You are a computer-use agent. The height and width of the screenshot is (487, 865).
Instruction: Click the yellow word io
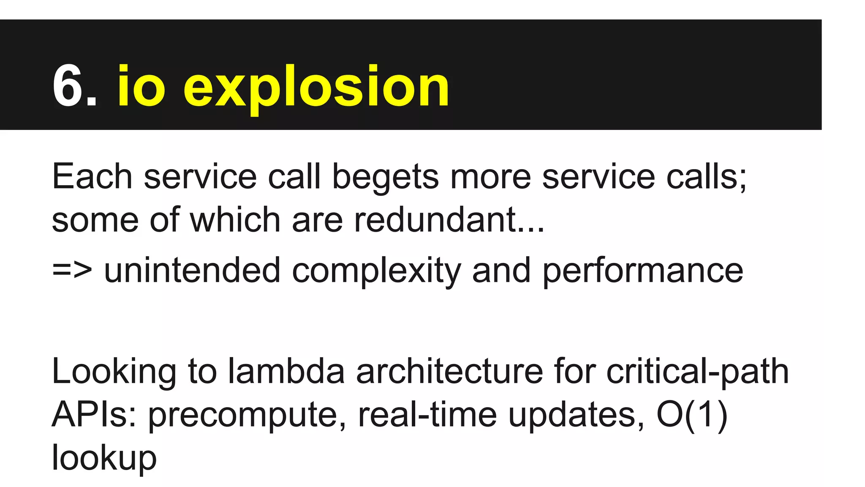point(141,87)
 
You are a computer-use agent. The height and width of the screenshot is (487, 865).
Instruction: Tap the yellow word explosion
point(316,89)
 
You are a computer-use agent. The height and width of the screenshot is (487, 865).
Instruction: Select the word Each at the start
point(92,177)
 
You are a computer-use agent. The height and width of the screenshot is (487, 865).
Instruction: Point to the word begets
point(385,178)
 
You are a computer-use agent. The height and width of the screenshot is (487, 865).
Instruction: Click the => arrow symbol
point(72,271)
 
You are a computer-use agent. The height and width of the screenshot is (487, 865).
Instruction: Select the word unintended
point(192,271)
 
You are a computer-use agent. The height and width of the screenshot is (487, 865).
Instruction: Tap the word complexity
point(376,271)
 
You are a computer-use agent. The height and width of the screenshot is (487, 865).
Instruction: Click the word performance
point(642,271)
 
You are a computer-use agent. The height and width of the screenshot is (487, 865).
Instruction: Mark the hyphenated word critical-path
point(697,372)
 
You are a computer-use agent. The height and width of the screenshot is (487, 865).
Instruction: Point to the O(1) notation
point(692,415)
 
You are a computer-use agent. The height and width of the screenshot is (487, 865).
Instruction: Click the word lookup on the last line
point(104,458)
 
